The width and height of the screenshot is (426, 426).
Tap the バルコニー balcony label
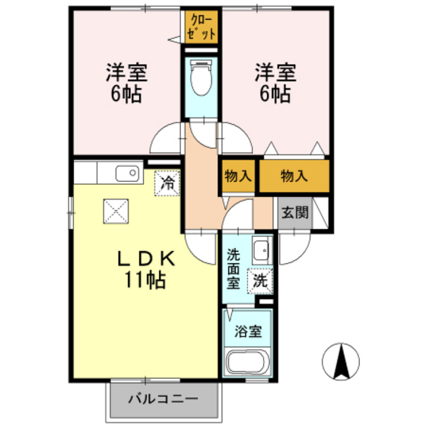tap(162, 397)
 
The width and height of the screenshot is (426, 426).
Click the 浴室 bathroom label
tap(247, 331)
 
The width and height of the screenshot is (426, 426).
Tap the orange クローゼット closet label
tap(202, 27)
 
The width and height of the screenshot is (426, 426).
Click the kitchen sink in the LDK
tap(129, 173)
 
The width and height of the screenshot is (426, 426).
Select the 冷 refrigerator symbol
tap(167, 183)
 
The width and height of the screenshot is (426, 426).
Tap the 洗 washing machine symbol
tap(260, 280)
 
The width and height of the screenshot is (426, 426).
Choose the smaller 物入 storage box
tap(238, 176)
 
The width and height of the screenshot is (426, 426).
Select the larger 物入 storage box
tap(294, 176)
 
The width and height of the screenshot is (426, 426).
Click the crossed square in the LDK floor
tap(116, 207)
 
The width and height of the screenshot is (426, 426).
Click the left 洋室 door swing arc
tap(165, 139)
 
